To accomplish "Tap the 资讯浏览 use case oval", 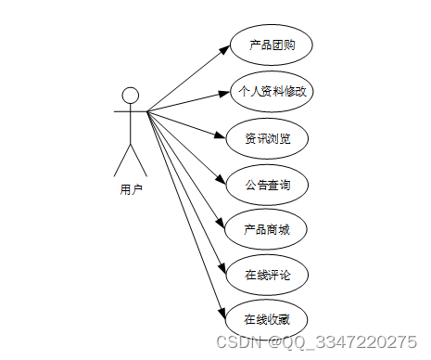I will pos(268,138).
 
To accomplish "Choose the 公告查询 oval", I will pos(268,184).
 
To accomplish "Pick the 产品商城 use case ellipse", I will pos(268,229).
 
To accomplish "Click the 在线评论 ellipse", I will pos(268,275).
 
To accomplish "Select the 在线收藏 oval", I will pos(268,319).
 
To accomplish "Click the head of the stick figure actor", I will pos(131,95).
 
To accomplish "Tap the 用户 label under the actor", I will pos(131,190).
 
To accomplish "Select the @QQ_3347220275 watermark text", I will pos(337,341).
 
